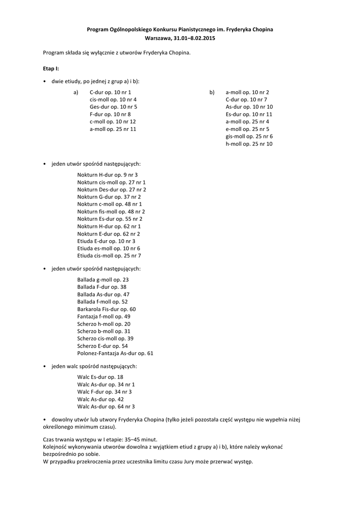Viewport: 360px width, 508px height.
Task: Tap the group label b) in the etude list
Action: pyautogui.click(x=212, y=92)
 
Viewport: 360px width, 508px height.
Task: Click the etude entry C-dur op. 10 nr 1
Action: pyautogui.click(x=111, y=92)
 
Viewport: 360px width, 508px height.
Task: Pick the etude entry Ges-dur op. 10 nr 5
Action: pyautogui.click(x=114, y=107)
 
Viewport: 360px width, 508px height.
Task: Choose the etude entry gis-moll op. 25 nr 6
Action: pyautogui.click(x=249, y=136)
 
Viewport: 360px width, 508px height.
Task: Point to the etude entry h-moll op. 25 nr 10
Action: pyautogui.click(x=249, y=144)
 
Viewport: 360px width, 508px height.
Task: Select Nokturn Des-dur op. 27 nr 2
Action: pyautogui.click(x=112, y=190)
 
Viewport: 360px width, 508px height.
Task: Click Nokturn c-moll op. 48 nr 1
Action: pyautogui.click(x=110, y=204)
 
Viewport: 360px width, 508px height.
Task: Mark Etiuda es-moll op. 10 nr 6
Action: pyautogui.click(x=109, y=248)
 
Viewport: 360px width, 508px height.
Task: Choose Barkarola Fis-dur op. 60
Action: pyautogui.click(x=106, y=309)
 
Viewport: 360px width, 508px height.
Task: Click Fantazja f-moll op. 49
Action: pyautogui.click(x=104, y=317)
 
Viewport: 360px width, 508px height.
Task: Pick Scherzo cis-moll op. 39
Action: pyautogui.click(x=105, y=338)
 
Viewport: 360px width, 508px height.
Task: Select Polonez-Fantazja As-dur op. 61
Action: pyautogui.click(x=115, y=353)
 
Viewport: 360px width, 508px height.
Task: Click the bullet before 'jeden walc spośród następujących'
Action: pyautogui.click(x=45, y=366)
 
